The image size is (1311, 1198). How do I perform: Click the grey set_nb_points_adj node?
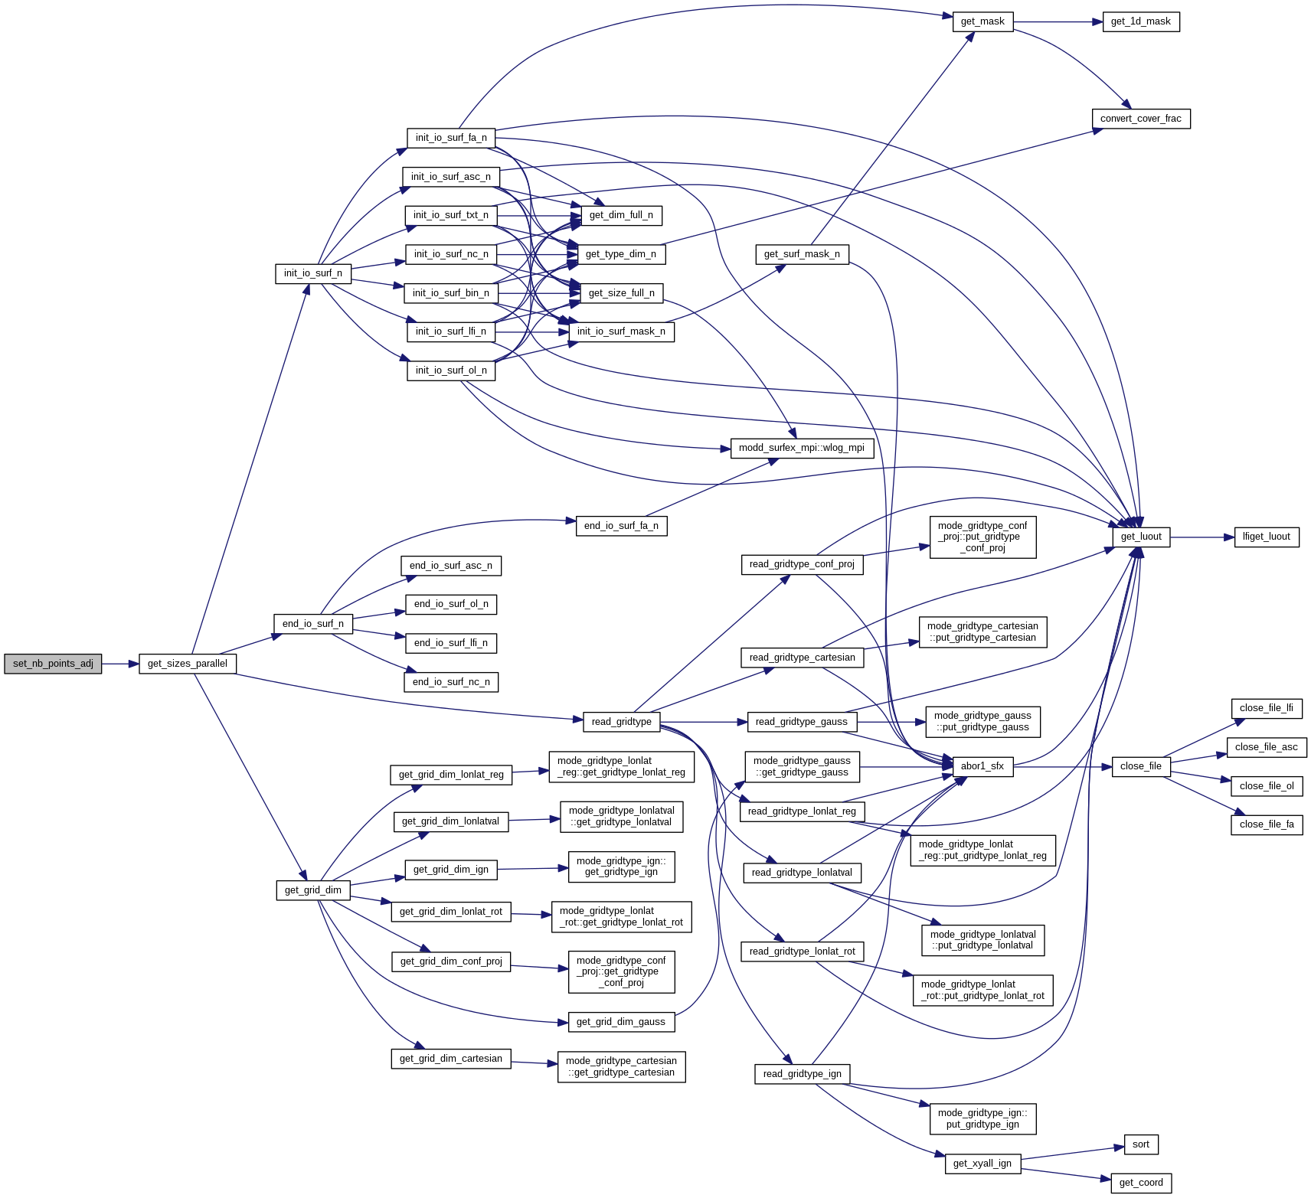(53, 664)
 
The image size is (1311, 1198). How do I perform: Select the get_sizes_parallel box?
(188, 664)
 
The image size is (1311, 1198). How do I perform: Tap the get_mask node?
(982, 21)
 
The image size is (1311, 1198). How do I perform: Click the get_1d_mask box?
(1140, 21)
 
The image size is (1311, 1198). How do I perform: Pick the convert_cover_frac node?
(1140, 119)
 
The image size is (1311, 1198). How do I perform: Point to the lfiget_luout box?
(1266, 537)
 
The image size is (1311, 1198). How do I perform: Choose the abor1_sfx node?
(982, 766)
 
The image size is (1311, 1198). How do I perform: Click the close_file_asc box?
(1266, 747)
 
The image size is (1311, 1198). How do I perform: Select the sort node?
(1140, 1144)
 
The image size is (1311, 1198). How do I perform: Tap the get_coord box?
(1140, 1183)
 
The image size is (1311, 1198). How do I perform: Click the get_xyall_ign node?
(982, 1164)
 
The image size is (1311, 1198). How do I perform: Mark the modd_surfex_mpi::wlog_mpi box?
(801, 448)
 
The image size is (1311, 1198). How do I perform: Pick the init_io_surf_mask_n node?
(621, 331)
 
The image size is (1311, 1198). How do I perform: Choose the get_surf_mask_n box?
(802, 254)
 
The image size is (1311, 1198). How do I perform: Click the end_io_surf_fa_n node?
(621, 526)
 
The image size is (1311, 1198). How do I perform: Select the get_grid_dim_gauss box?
(620, 1022)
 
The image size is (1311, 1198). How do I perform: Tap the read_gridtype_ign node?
(802, 1074)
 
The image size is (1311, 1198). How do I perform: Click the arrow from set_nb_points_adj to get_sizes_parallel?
(120, 664)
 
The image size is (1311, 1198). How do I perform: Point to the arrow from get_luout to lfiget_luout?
(1201, 537)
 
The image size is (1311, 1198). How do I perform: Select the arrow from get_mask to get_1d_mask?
(1058, 22)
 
